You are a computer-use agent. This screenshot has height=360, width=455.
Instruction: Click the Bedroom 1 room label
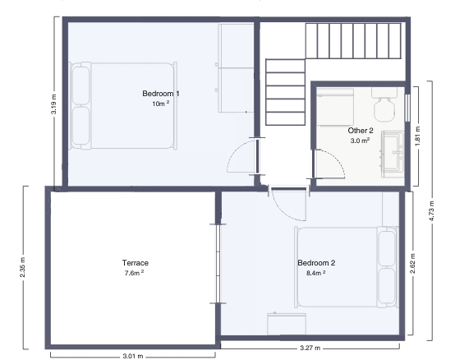tap(161, 94)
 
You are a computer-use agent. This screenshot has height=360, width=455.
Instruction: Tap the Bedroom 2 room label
tap(316, 263)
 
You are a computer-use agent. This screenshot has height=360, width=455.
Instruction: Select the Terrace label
tap(136, 263)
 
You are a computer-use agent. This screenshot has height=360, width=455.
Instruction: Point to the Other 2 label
tap(361, 131)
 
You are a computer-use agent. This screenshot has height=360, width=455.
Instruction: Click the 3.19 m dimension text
tap(53, 104)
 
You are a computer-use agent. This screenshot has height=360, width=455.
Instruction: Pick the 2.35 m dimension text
tap(23, 267)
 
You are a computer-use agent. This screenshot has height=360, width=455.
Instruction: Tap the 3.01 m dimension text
tap(133, 356)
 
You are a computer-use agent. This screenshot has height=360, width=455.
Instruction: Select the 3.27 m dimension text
tap(310, 348)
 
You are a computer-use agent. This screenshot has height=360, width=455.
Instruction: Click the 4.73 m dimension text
tap(431, 211)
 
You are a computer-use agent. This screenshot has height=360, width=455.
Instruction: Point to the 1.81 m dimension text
tap(417, 136)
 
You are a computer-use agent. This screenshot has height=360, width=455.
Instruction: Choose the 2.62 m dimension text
tap(412, 263)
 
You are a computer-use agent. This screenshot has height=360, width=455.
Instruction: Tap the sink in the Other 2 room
tap(393, 155)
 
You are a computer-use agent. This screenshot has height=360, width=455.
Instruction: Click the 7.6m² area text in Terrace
tap(135, 273)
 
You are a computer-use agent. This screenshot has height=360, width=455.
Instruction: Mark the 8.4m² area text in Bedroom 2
tap(315, 273)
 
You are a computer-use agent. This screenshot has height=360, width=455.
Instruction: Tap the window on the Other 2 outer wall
tap(407, 108)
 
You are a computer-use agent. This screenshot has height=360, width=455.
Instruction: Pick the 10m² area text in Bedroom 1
tap(161, 104)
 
